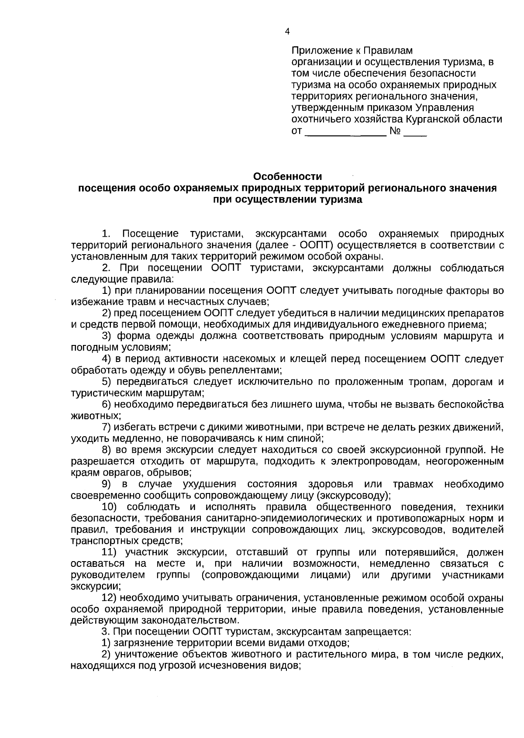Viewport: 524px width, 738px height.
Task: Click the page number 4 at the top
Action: pyautogui.click(x=287, y=31)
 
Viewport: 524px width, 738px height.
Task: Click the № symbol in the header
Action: pyautogui.click(x=395, y=131)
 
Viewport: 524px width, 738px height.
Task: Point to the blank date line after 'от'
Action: pyautogui.click(x=345, y=131)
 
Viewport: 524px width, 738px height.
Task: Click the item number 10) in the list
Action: pyautogui.click(x=111, y=507)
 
